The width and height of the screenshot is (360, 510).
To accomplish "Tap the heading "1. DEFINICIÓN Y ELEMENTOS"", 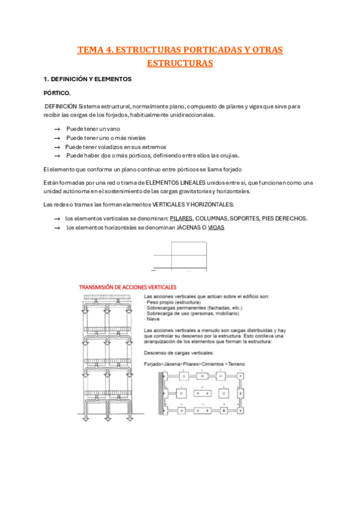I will (x=88, y=79).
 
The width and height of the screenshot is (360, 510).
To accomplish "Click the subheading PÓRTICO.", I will (x=57, y=93).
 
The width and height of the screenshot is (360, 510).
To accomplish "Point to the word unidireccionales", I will (x=192, y=115).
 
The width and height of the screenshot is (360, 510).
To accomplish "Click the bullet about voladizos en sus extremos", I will (x=115, y=147).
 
